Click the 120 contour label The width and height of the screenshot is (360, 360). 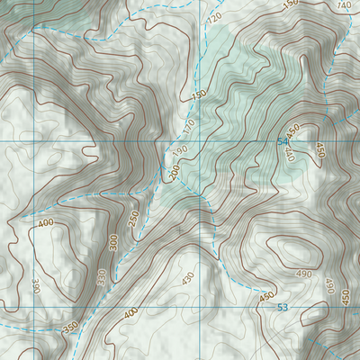click(x=214, y=18)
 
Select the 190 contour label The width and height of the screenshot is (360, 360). click(x=181, y=149)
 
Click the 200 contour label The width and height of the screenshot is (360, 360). click(x=175, y=171)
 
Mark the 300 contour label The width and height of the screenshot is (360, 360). click(x=113, y=243)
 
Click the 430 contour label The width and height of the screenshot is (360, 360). click(x=187, y=278)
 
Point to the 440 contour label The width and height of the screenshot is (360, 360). click(x=290, y=154)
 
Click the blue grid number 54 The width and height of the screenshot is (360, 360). click(x=283, y=142)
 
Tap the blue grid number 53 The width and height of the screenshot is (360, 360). click(x=283, y=308)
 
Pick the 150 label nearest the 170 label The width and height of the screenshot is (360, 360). click(x=199, y=94)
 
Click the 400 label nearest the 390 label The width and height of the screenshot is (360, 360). click(x=45, y=221)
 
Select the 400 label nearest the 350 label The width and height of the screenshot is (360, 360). click(x=132, y=312)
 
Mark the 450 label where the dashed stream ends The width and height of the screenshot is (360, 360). click(x=266, y=296)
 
